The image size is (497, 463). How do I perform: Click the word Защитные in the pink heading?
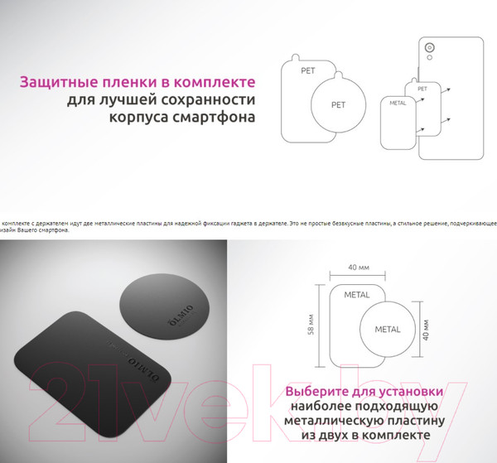coord(55,83)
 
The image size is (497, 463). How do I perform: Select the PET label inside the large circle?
coord(338,105)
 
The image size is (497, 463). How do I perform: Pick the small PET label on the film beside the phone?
coord(422,88)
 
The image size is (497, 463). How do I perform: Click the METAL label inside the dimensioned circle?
coord(387,329)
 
